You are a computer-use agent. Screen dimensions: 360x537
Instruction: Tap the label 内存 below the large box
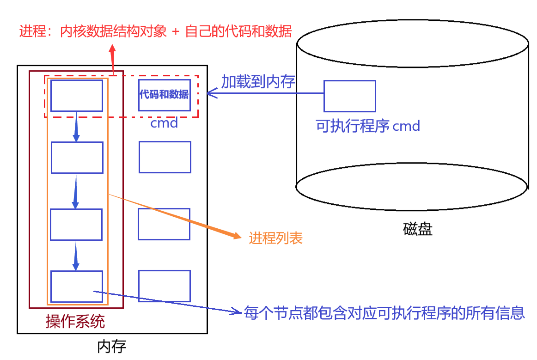click(x=111, y=347)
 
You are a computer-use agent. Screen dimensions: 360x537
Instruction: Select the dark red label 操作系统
click(x=75, y=321)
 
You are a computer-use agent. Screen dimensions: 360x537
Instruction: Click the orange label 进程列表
click(x=276, y=238)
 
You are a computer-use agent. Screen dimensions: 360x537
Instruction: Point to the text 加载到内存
click(x=258, y=82)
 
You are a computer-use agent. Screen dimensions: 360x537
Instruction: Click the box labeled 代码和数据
click(x=164, y=95)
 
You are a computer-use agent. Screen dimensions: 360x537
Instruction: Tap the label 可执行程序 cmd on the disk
click(x=368, y=126)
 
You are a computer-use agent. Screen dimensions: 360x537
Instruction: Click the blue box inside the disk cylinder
click(x=349, y=96)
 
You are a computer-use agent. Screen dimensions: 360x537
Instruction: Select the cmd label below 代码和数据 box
click(x=164, y=123)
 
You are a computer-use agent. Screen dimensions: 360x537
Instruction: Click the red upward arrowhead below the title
click(x=113, y=49)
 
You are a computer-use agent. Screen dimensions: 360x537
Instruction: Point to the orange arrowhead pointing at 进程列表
click(x=236, y=236)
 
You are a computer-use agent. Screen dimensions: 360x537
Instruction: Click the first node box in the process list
click(x=76, y=95)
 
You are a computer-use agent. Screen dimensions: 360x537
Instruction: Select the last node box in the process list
click(x=76, y=286)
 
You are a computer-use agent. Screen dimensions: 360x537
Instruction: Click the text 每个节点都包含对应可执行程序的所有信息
click(x=384, y=313)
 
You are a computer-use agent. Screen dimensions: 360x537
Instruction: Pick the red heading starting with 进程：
click(x=155, y=31)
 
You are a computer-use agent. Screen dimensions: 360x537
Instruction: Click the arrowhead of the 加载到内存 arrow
click(x=211, y=93)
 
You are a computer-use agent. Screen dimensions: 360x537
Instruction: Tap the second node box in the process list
click(x=77, y=158)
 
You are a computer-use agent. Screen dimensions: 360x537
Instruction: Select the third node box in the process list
click(x=76, y=225)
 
